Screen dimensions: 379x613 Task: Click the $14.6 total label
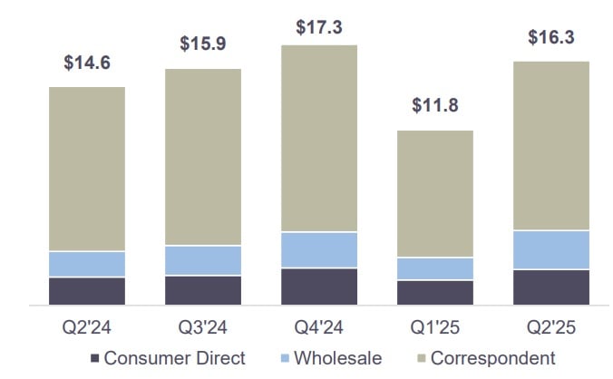pos(87,63)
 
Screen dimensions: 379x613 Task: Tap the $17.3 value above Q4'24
pos(319,27)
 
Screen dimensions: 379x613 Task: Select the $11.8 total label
pos(435,105)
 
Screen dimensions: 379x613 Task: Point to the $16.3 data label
pos(551,38)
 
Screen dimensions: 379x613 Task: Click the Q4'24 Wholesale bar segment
pos(319,249)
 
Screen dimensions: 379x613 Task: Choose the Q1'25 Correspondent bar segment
pos(435,193)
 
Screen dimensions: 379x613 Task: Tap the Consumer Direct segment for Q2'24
pos(87,290)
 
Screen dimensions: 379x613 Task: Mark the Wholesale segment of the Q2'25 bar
pos(551,249)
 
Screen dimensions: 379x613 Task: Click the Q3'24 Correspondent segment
pos(203,157)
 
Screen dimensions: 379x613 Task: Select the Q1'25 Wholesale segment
pos(435,268)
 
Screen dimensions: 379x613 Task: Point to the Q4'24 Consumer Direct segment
pos(319,286)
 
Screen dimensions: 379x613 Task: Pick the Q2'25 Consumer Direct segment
pos(551,287)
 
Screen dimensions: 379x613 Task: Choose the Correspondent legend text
pos(492,358)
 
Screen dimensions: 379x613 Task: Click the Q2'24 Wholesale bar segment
pos(87,264)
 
